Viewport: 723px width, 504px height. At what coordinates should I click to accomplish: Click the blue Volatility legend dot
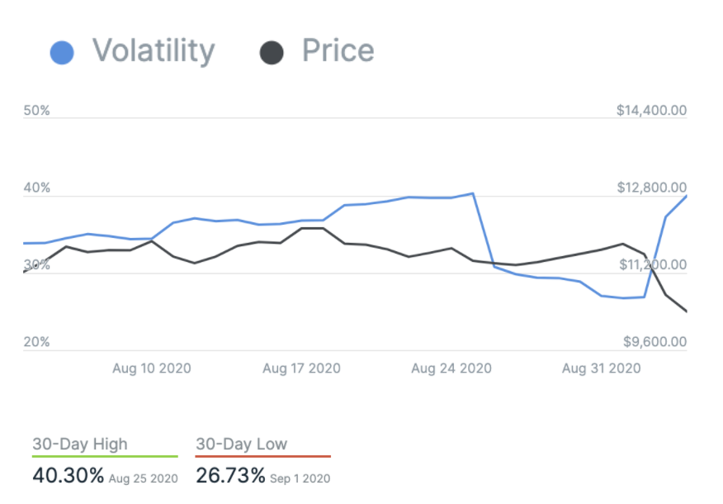coord(62,53)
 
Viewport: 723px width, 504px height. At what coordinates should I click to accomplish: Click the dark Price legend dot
coord(272,53)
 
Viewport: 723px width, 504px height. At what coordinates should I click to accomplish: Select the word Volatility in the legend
coord(154,51)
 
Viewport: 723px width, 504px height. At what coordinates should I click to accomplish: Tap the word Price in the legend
coord(338,51)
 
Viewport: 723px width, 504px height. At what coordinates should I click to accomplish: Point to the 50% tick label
coord(37,111)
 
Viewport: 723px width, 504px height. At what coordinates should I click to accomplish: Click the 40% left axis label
coord(37,188)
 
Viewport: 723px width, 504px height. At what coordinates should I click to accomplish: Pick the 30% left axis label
coord(37,265)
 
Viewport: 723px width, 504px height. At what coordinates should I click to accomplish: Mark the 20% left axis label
coord(37,342)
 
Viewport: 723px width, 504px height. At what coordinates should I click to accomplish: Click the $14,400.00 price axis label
coord(651,111)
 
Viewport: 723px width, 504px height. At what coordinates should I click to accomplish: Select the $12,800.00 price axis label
coord(651,188)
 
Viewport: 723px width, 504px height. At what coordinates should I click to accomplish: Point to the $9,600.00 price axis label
coord(654,342)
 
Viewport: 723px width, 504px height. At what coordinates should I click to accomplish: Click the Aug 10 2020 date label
coord(152,368)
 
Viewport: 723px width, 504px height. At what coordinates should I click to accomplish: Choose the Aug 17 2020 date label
coord(302,368)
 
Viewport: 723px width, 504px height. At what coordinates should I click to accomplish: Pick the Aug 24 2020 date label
coord(451,368)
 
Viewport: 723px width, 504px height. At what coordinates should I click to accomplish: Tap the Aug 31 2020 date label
coord(602,368)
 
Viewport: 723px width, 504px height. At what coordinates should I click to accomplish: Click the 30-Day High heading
coord(80,444)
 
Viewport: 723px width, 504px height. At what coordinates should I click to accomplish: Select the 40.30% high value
coord(69,476)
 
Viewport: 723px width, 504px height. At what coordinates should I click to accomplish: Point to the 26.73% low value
coord(231,476)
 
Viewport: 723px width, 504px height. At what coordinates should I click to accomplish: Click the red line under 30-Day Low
coord(262,456)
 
